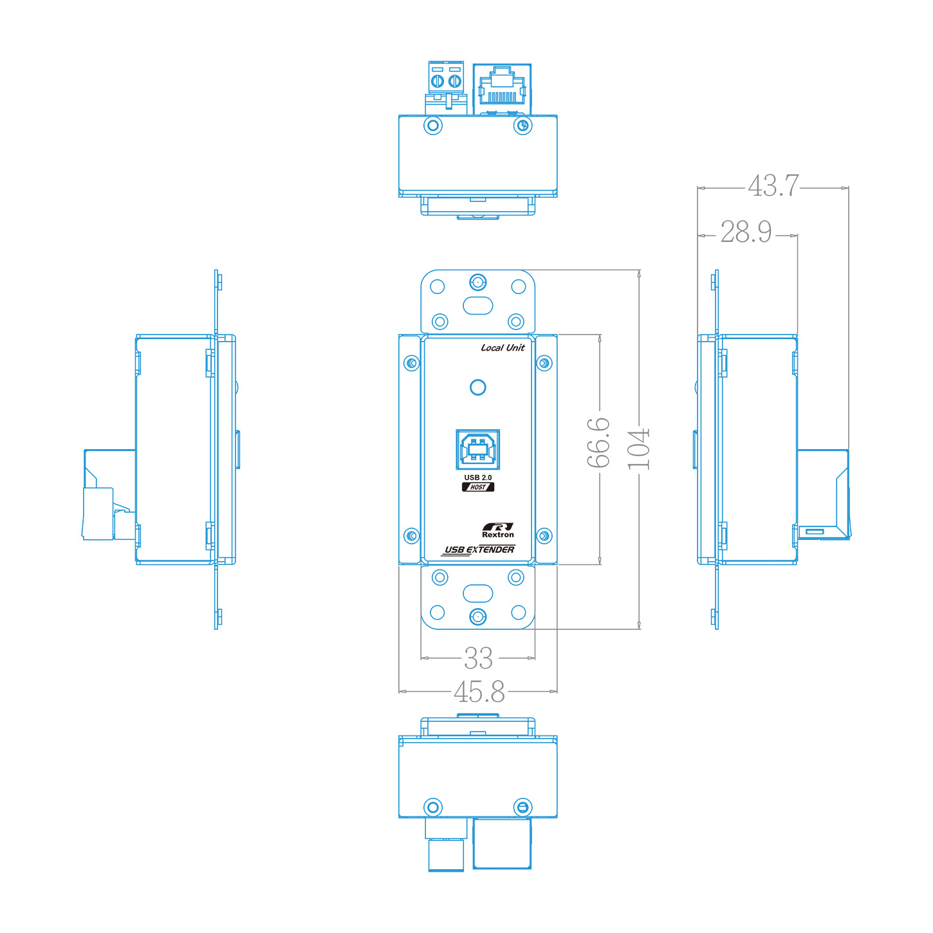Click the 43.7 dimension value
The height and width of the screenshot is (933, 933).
tap(773, 185)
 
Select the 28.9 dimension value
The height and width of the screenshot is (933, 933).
tap(746, 232)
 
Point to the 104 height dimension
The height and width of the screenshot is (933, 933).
tap(638, 449)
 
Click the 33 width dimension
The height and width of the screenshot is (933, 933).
tap(478, 658)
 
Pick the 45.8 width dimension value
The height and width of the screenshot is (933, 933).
tap(479, 692)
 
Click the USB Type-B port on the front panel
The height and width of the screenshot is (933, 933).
tap(477, 449)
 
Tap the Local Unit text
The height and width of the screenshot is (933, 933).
tap(503, 347)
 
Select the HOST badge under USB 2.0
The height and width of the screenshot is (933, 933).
tap(478, 487)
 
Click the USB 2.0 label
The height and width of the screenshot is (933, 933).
tap(478, 477)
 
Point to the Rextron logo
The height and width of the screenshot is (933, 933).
tap(498, 530)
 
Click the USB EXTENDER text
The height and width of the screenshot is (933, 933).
tap(479, 550)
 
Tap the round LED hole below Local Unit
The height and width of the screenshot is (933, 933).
tap(477, 387)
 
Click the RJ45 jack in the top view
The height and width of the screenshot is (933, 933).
tap(502, 87)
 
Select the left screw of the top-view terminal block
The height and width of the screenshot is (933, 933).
tap(438, 81)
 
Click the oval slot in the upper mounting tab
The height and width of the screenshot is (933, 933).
tap(477, 305)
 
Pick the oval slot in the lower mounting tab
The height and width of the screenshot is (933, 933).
tap(477, 593)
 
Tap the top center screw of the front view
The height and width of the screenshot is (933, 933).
tap(477, 282)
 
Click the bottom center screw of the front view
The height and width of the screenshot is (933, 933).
tap(477, 617)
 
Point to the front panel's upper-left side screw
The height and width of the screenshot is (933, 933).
tap(411, 364)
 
